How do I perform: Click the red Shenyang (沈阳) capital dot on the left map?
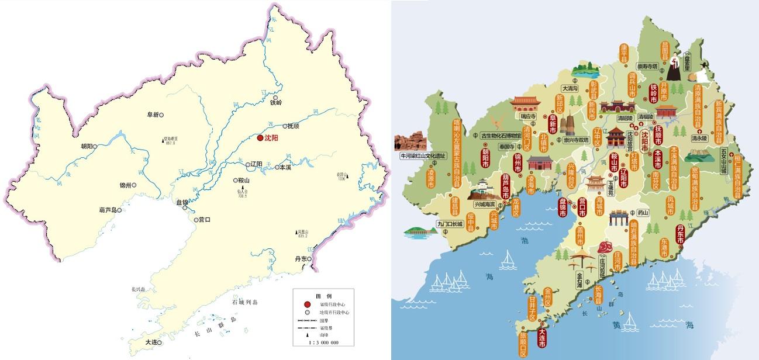260,138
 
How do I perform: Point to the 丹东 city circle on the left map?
303,267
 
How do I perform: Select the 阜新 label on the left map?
152,115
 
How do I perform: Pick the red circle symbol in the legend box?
307,304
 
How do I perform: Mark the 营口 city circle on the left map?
195,220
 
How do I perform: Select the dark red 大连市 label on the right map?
542,338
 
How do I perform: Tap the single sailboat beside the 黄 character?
630,321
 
